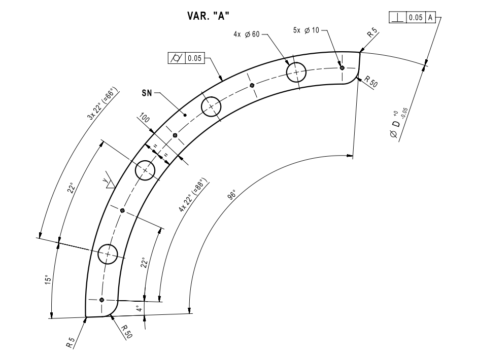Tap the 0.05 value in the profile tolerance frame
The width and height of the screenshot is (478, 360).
pyautogui.click(x=194, y=58)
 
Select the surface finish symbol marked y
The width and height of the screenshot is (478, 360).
pyautogui.click(x=107, y=182)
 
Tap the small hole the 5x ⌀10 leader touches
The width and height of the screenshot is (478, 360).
pyautogui.click(x=342, y=67)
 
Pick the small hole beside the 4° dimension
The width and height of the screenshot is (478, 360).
pyautogui.click(x=102, y=300)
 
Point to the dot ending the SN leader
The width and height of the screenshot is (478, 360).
pyautogui.click(x=185, y=115)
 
